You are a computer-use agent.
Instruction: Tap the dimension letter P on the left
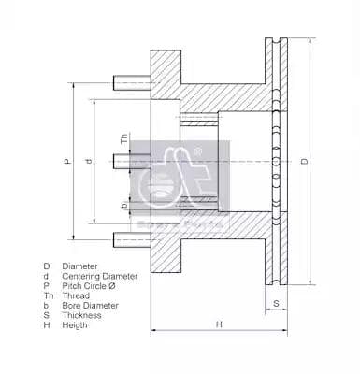[67, 162]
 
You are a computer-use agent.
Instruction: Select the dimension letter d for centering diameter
[89, 162]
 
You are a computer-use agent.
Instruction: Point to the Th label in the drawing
[125, 139]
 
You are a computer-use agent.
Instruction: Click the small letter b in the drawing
[125, 202]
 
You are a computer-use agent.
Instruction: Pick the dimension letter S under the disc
[278, 303]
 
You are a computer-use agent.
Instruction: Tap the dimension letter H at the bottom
[219, 324]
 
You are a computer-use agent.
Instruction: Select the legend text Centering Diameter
[100, 277]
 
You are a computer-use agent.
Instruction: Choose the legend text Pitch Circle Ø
[89, 287]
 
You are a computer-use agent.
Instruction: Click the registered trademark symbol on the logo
[224, 144]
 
